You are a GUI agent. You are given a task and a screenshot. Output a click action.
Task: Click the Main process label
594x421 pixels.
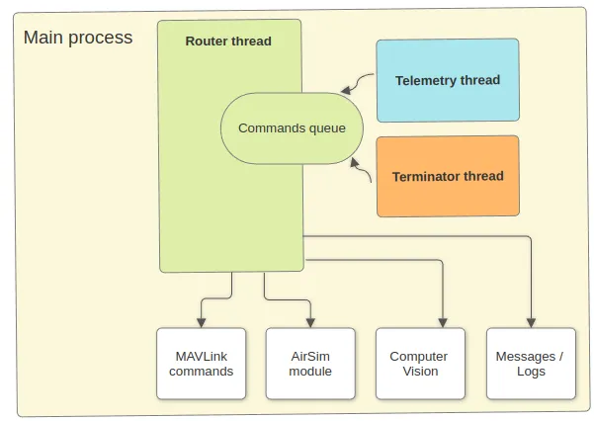[x=77, y=39]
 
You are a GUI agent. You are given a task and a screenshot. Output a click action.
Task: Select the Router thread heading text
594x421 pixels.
[x=228, y=42]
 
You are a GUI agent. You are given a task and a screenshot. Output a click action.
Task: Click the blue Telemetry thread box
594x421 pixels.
[x=448, y=80]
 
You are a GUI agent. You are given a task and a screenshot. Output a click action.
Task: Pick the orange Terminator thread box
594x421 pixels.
[x=448, y=176]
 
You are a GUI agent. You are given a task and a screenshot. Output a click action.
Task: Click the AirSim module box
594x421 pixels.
[x=310, y=364]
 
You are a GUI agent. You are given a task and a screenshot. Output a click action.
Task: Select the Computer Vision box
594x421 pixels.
[x=418, y=364]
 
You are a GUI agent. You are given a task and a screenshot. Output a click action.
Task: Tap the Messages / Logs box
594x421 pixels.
[x=531, y=364]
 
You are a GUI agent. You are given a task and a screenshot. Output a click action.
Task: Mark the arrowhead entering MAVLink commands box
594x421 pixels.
[x=202, y=323]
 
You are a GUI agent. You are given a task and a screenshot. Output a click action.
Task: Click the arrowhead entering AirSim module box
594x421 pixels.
[x=310, y=323]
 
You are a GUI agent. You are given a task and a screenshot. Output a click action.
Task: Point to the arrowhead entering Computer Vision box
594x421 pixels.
[x=442, y=323]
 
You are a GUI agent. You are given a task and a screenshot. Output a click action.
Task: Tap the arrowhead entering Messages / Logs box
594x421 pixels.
[x=531, y=323]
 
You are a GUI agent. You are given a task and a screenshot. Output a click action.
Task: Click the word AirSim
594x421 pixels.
[x=310, y=356]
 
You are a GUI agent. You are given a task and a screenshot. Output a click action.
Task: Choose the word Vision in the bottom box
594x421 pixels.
[x=418, y=372]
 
